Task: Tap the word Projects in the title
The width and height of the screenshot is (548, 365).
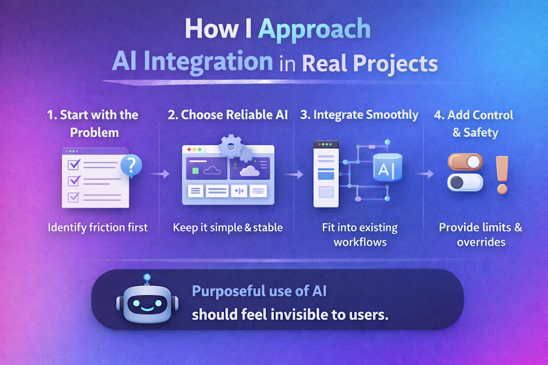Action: [395, 64]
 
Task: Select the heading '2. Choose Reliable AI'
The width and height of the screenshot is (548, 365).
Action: [228, 115]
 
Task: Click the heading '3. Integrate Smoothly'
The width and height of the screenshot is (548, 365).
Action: [359, 115]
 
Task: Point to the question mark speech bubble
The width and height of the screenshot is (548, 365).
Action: [132, 166]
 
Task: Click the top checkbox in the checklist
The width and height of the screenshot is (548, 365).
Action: [74, 164]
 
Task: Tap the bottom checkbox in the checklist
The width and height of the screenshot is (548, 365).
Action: [73, 197]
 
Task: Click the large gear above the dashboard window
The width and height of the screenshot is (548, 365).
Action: [230, 147]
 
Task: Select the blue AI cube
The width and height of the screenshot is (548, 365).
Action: [387, 168]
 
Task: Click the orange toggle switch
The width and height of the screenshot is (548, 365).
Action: [465, 162]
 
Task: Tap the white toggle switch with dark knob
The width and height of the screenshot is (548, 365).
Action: [465, 182]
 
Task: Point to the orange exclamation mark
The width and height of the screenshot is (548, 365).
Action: [502, 175]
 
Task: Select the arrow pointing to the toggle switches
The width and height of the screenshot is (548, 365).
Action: [424, 174]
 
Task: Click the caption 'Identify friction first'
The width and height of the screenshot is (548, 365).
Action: [98, 228]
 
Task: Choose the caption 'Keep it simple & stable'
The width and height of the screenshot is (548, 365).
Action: [228, 228]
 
